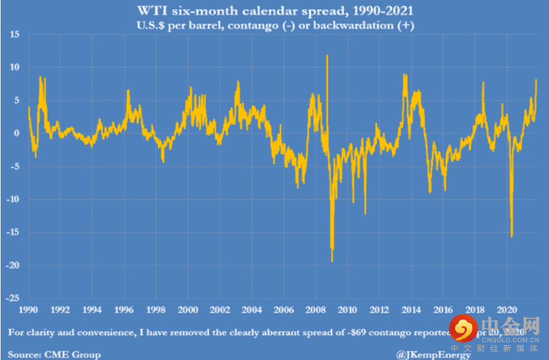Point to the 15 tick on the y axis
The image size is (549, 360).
tap(13, 34)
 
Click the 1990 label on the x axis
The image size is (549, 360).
tap(27, 310)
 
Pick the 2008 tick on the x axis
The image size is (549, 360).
tap(315, 310)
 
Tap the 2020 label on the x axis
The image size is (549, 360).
tap(507, 310)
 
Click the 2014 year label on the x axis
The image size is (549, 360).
tap(411, 310)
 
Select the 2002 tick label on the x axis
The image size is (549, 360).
tap(220, 310)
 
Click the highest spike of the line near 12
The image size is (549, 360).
tap(327, 56)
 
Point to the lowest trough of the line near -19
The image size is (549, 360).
tap(332, 261)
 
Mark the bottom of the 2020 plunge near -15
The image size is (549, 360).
tap(511, 237)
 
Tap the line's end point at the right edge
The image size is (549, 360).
tap(536, 80)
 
